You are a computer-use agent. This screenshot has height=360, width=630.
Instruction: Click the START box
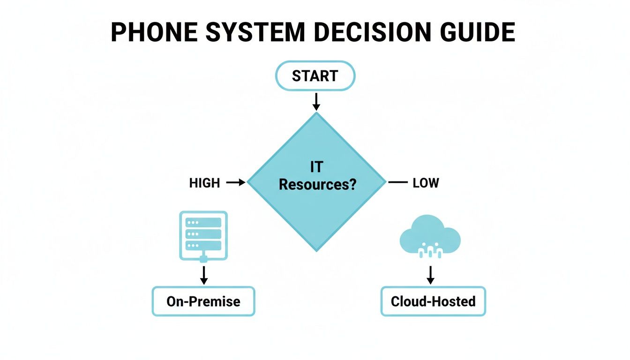click(x=315, y=76)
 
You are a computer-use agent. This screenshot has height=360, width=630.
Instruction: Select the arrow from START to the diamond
click(x=316, y=101)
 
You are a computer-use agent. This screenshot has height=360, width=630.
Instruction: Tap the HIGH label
click(x=204, y=183)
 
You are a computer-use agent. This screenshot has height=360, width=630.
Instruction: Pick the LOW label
click(x=426, y=183)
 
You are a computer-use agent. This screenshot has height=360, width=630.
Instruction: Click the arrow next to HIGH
click(x=236, y=183)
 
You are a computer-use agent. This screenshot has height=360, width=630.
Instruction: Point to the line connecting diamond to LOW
click(x=398, y=182)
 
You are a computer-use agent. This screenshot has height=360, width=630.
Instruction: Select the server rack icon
click(x=203, y=235)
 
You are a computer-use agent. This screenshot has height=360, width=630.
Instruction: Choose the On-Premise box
click(x=203, y=301)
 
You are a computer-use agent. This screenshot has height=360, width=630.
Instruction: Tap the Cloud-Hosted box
click(x=433, y=301)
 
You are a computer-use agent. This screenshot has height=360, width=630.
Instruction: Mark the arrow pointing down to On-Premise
click(x=203, y=275)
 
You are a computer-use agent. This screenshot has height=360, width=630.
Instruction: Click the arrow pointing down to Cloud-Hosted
click(x=430, y=275)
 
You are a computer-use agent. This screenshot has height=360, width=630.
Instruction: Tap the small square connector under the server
click(x=203, y=259)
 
